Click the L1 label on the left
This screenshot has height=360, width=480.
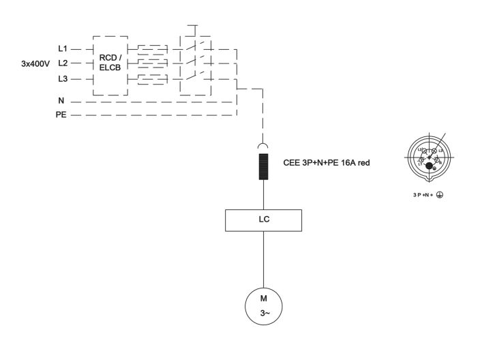coord(62,50)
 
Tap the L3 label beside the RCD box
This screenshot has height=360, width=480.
coord(62,80)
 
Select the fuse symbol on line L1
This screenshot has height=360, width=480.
coord(152,50)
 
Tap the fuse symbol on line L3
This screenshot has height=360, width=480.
coord(152,80)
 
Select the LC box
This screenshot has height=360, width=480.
coord(263,220)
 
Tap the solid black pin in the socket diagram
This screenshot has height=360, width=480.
coord(429,164)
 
